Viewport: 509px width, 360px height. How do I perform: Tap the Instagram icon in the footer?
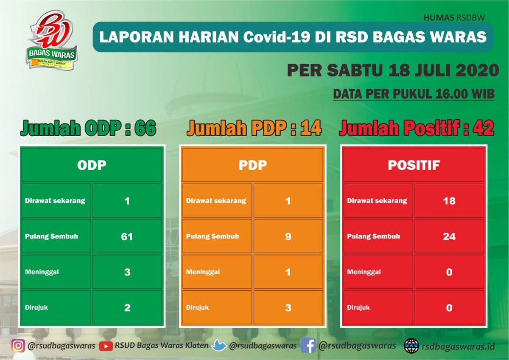pos(18,346)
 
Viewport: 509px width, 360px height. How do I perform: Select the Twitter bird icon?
pos(219,346)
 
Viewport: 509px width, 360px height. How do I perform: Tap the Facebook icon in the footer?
pos(308,346)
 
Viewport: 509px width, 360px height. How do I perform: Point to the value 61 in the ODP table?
pos(127,236)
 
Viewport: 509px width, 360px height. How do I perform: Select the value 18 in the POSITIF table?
pos(449,201)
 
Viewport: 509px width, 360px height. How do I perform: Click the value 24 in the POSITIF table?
pos(449,236)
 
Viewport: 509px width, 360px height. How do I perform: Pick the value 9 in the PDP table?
pos(288,236)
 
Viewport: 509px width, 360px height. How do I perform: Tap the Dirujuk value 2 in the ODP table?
pos(127,308)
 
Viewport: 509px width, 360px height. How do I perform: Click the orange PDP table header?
pos(253,165)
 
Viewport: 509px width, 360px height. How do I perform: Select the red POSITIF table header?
pos(414,165)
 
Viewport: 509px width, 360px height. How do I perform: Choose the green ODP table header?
pos(92,165)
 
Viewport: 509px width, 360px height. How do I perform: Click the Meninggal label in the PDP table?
pos(203,272)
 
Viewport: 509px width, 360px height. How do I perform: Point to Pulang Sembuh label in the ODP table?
pos(51,236)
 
